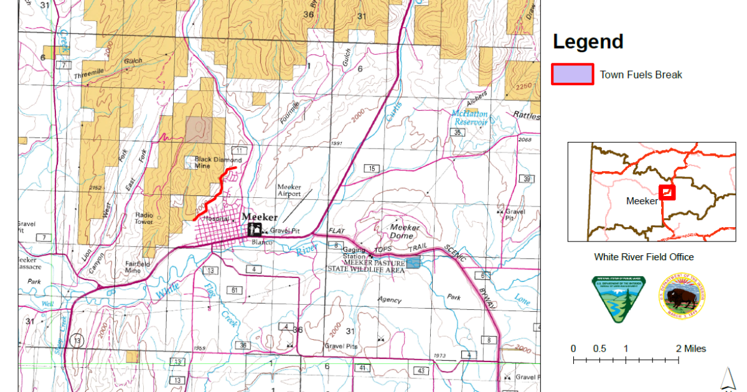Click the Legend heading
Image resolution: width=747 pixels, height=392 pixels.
point(588,42)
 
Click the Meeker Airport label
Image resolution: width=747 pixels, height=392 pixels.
point(289,190)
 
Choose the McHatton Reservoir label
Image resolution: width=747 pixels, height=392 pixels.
point(469,118)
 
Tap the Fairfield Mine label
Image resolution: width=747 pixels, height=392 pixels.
point(137,267)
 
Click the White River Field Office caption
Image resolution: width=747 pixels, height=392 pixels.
point(644,257)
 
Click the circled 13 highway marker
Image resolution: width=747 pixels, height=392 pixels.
point(77,340)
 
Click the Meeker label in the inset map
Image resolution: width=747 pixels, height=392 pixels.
point(642,201)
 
